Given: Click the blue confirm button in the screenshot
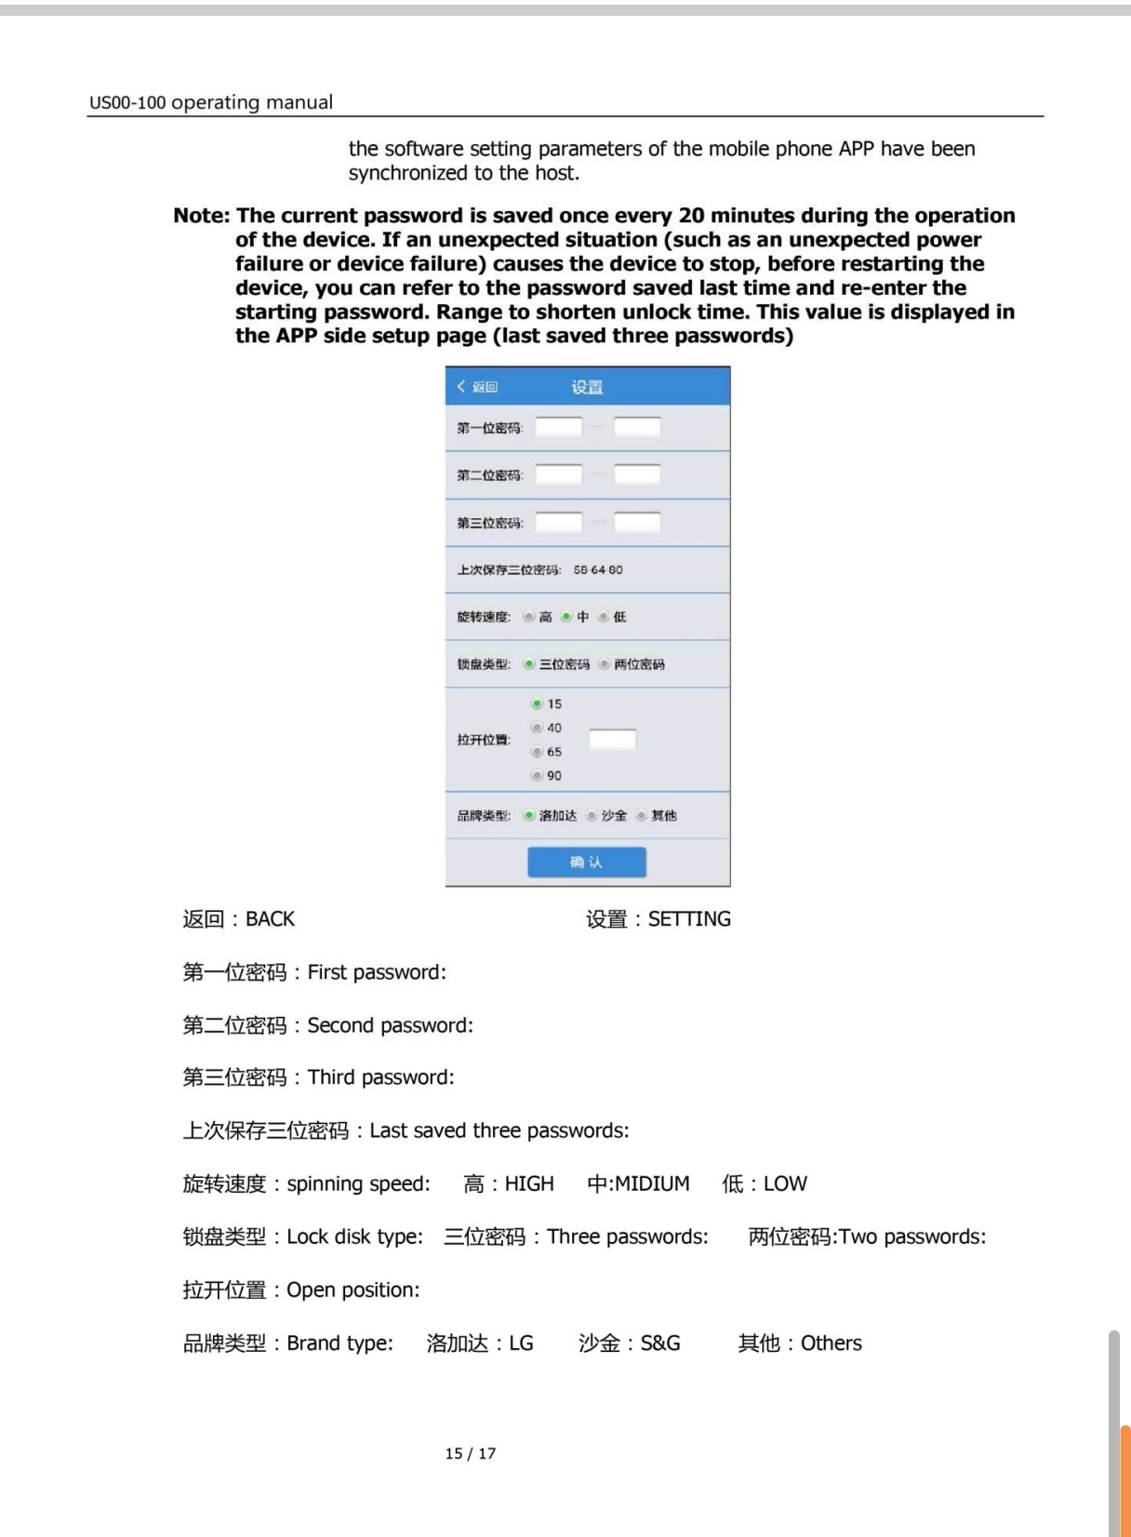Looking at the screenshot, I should [586, 862].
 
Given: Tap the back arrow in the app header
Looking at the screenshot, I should [461, 386].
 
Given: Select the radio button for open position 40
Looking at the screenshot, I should [537, 728].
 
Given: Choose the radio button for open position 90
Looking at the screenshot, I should [537, 775].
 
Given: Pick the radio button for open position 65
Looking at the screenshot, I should [537, 752].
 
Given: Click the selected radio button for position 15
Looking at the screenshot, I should [537, 704].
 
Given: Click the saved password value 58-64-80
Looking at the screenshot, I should [598, 569].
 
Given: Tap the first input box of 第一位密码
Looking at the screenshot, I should [559, 427].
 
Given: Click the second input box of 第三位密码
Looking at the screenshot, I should [637, 522].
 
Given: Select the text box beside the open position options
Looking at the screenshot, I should [613, 740].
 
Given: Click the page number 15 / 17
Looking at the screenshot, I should [471, 1453].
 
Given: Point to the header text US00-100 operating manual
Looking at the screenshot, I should [211, 102].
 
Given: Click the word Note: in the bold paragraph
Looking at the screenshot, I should [202, 216].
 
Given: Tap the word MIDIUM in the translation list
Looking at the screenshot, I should [652, 1183].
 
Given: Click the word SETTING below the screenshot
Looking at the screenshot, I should [689, 919].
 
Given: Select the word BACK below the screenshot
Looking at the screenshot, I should [270, 919].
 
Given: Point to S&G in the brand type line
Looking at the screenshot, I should [660, 1343].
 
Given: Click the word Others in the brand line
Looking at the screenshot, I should [832, 1343].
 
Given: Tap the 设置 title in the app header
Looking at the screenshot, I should [587, 387].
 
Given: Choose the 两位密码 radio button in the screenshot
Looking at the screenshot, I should [605, 664].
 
